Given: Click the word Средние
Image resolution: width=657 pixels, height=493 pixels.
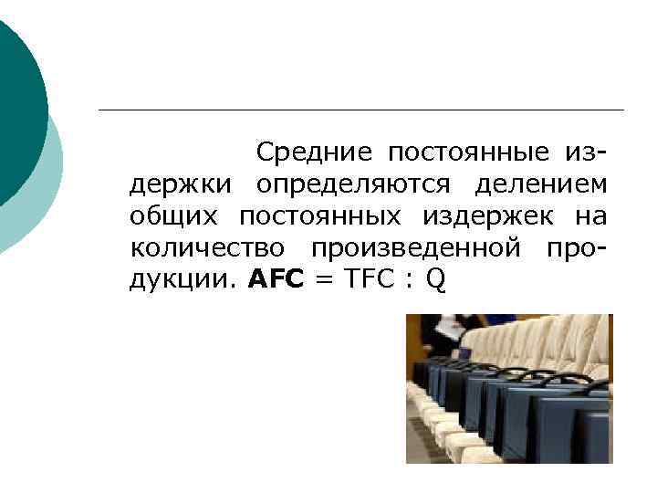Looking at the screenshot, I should pos(314,152).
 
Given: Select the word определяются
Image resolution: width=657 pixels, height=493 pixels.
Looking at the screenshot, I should pos(353,184).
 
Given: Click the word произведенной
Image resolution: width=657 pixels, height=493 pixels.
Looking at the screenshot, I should pos(416,247).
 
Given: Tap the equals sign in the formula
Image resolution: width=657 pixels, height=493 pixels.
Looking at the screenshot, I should pos(323,280).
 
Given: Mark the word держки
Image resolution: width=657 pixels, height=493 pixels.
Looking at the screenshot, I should pos(183,184).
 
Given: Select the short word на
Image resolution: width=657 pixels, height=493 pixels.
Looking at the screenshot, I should pos(590,216).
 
